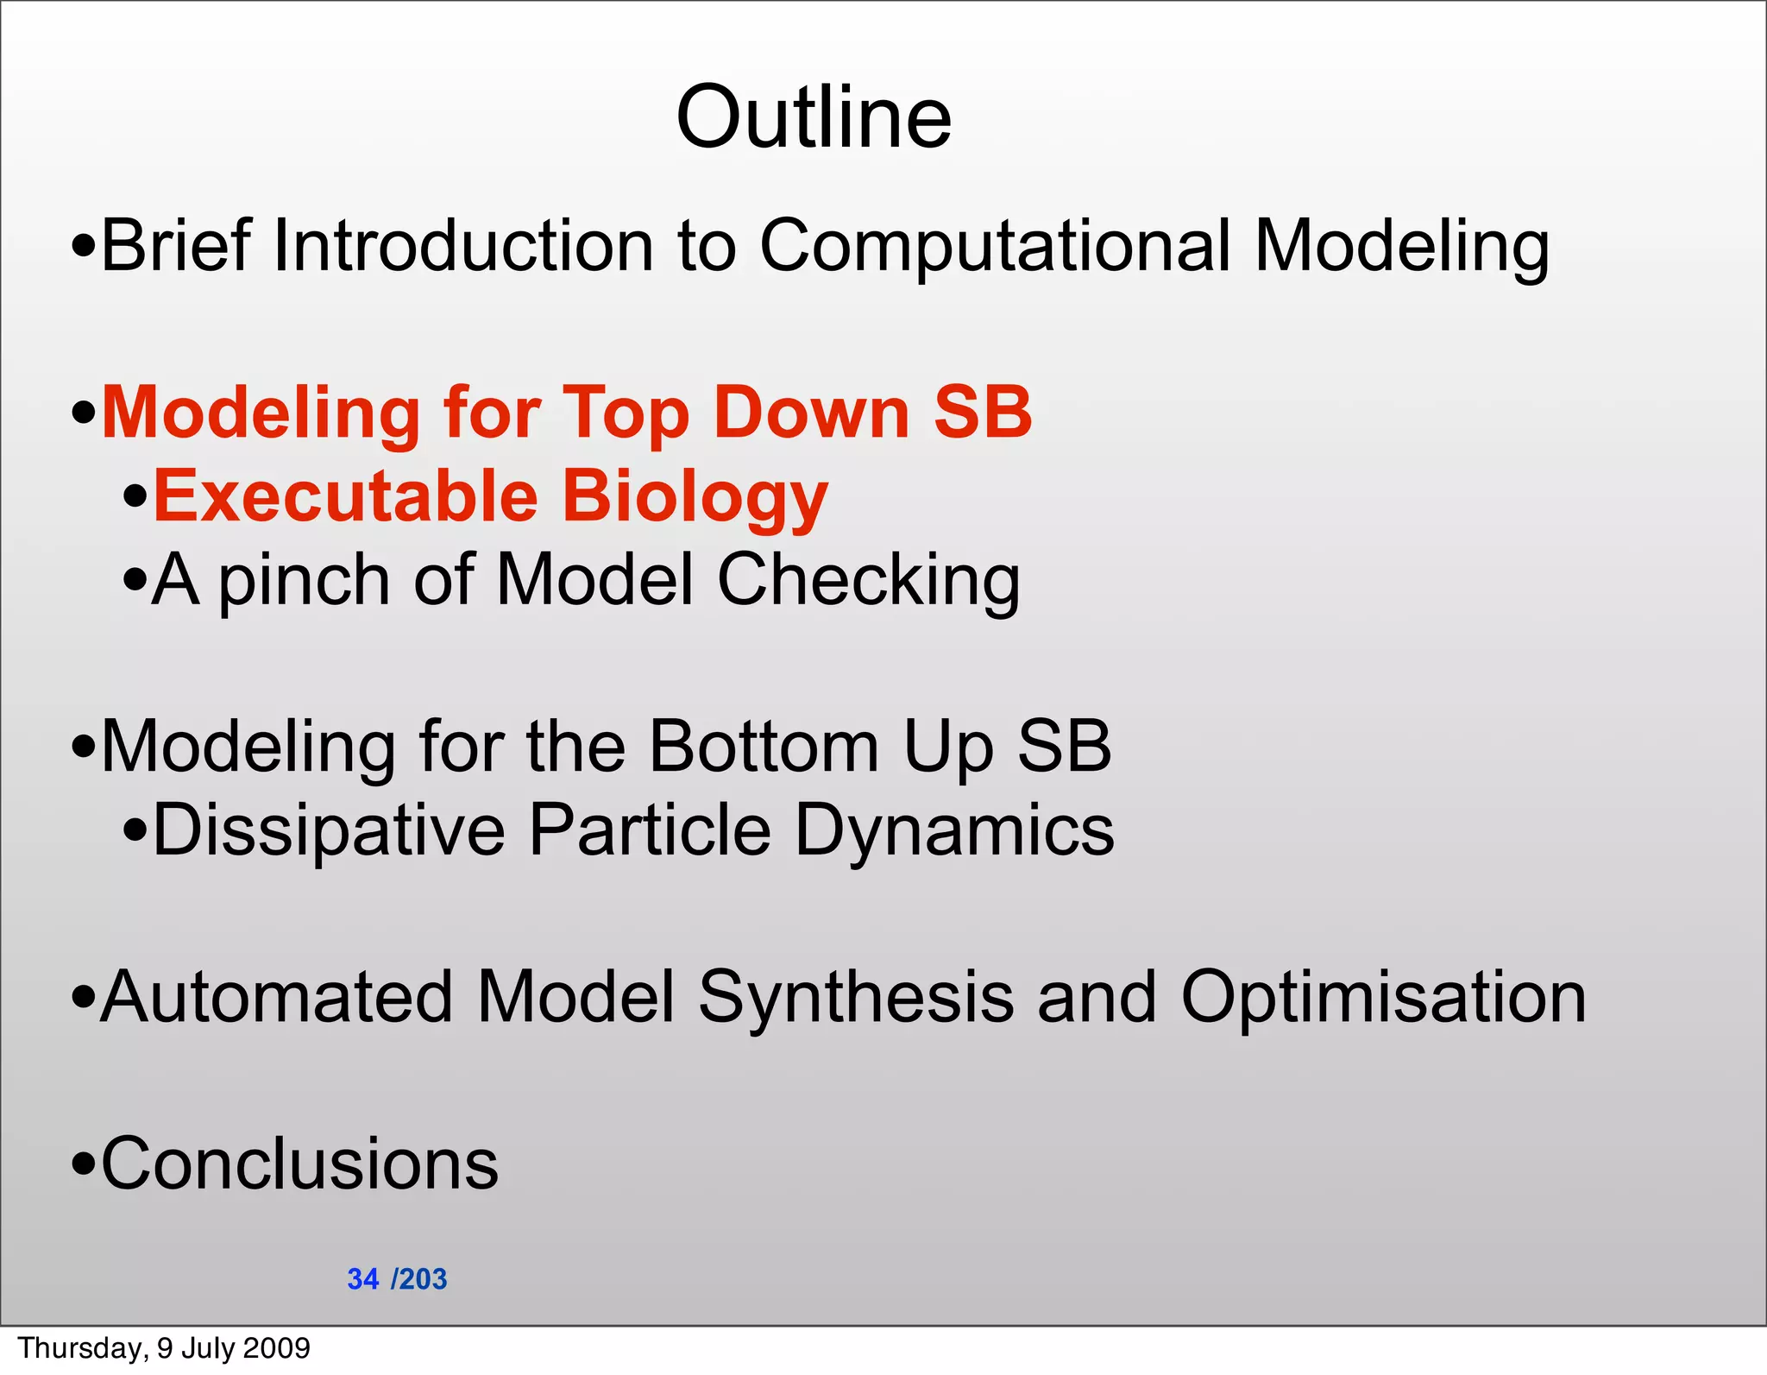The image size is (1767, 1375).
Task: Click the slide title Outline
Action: pos(814,117)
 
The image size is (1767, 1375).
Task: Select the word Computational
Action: pos(993,248)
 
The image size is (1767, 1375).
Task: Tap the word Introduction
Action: pos(462,246)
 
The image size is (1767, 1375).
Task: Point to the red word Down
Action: pos(811,413)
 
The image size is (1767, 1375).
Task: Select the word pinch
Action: pos(303,581)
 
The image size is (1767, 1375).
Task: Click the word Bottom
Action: pos(764,746)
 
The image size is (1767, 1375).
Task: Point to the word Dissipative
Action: pos(329,830)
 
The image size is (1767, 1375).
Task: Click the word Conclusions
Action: pos(299,1164)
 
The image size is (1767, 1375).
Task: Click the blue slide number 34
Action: pos(363,1278)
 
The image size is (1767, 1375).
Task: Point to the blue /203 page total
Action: pos(419,1278)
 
